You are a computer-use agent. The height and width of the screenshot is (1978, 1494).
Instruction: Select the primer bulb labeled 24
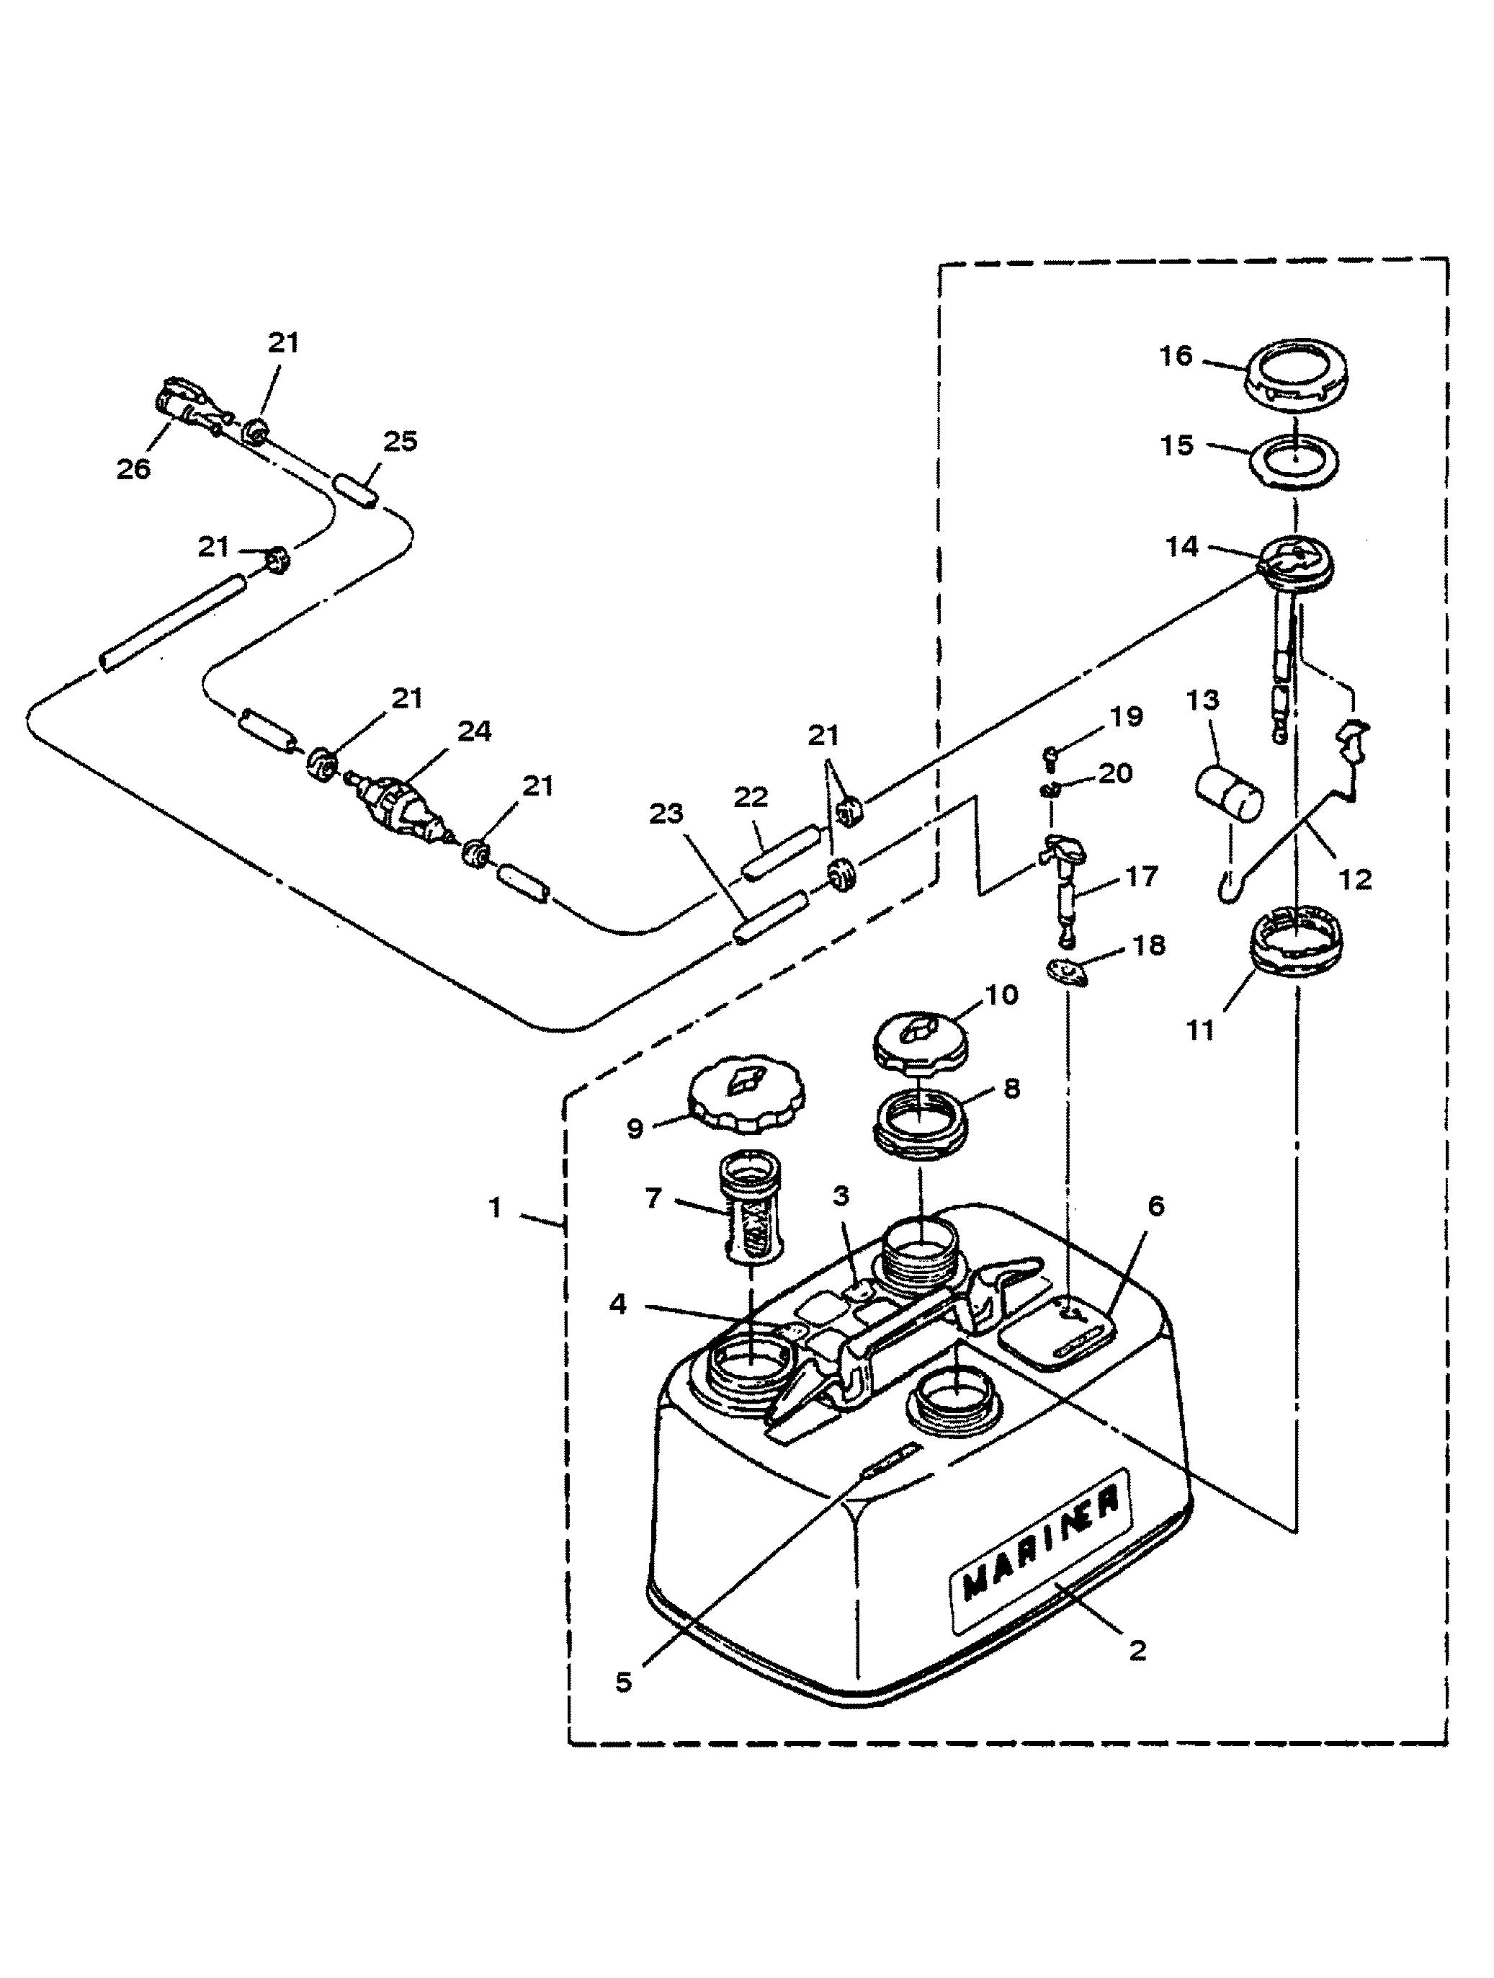click(x=403, y=803)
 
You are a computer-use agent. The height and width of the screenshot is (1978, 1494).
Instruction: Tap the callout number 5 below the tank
click(x=623, y=1682)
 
